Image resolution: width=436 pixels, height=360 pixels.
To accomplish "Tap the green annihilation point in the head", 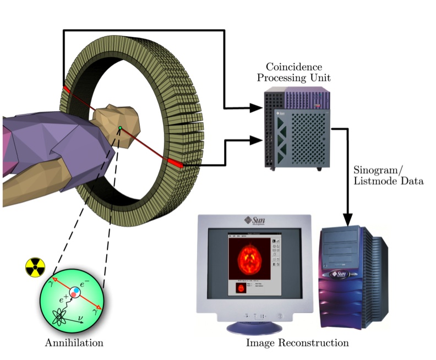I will pyautogui.click(x=120, y=129).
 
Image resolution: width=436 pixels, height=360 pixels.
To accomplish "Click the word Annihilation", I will pyautogui.click(x=74, y=342).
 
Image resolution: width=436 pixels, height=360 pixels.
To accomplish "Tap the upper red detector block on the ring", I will pyautogui.click(x=66, y=90).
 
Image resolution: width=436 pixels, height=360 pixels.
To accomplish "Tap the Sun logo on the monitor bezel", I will pyautogui.click(x=253, y=220).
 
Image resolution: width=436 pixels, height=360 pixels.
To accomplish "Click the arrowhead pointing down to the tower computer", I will pyautogui.click(x=348, y=218).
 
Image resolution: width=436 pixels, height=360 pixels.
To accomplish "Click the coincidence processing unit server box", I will pyautogui.click(x=297, y=129).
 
